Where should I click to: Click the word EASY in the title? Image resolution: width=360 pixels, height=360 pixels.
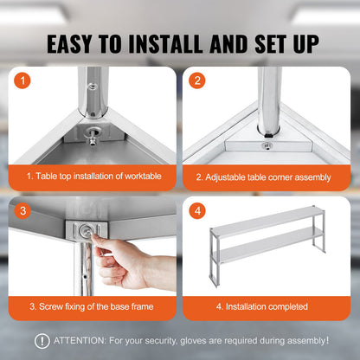[75, 43]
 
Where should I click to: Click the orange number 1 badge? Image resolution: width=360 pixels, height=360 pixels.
[24, 82]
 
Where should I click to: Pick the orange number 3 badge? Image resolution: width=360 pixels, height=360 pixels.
[24, 211]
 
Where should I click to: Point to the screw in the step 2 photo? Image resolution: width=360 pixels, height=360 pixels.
[267, 145]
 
